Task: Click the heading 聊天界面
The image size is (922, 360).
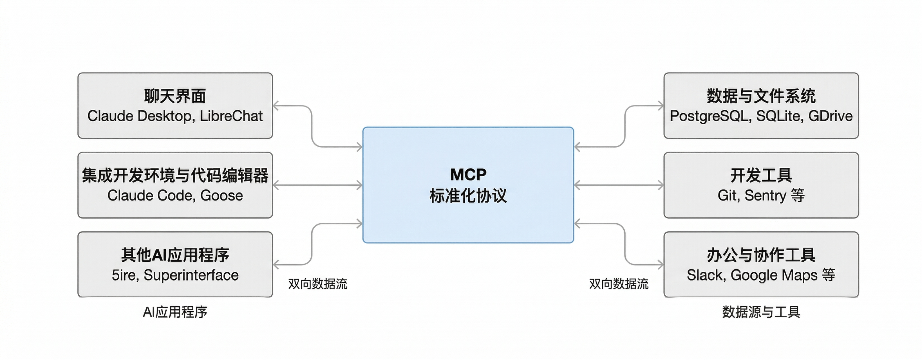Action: tap(175, 96)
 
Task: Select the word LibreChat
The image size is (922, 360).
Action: tap(231, 116)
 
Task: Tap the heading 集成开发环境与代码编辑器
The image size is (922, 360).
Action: tap(175, 176)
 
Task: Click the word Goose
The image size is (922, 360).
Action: tap(221, 196)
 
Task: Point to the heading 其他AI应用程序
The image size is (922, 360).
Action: tap(175, 255)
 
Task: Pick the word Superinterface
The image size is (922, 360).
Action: tap(191, 275)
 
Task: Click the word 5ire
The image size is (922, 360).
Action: tap(125, 275)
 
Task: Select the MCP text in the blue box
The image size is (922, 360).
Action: tap(468, 175)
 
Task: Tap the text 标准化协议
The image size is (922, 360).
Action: tap(468, 196)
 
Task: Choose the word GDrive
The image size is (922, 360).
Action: tap(830, 116)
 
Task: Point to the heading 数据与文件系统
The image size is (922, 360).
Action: tap(761, 96)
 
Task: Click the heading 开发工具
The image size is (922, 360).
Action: tap(761, 176)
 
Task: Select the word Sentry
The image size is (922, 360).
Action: tap(766, 196)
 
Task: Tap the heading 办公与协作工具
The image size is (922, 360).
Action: tap(761, 255)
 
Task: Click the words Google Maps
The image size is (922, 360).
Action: tap(774, 275)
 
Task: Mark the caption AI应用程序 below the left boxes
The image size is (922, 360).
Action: tap(175, 312)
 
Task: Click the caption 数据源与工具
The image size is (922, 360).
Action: tap(761, 312)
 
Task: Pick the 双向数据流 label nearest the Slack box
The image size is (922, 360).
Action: tap(619, 284)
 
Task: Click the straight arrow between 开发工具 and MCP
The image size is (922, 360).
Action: tap(619, 185)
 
